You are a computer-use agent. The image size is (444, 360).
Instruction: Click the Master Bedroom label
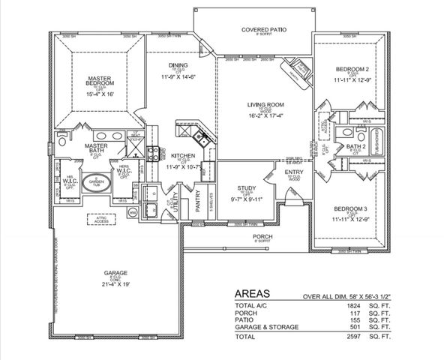pyautogui.click(x=98, y=80)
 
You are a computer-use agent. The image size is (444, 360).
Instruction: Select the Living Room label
pyautogui.click(x=263, y=104)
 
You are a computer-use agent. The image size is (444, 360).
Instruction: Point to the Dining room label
pyautogui.click(x=176, y=64)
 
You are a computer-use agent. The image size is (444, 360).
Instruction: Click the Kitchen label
pyautogui.click(x=182, y=155)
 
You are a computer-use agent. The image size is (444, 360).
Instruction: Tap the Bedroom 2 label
pyautogui.click(x=351, y=69)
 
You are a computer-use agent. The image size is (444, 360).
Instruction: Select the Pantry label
pyautogui.click(x=199, y=202)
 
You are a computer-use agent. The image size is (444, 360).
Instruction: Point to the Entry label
pyautogui.click(x=294, y=172)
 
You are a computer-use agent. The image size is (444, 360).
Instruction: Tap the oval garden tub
pyautogui.click(x=95, y=183)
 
